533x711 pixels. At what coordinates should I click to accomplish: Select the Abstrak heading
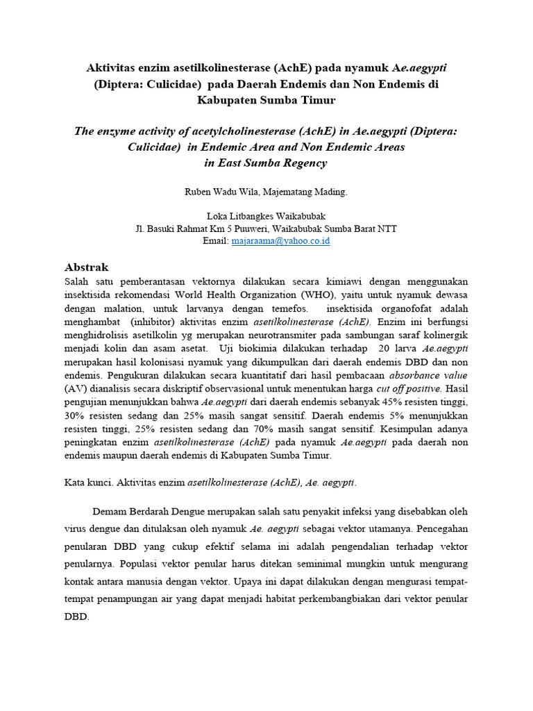(x=87, y=267)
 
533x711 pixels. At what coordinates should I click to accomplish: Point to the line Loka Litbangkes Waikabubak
(x=266, y=215)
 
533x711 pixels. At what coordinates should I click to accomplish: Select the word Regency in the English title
(x=301, y=163)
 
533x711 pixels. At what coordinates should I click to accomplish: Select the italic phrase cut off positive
(x=409, y=388)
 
